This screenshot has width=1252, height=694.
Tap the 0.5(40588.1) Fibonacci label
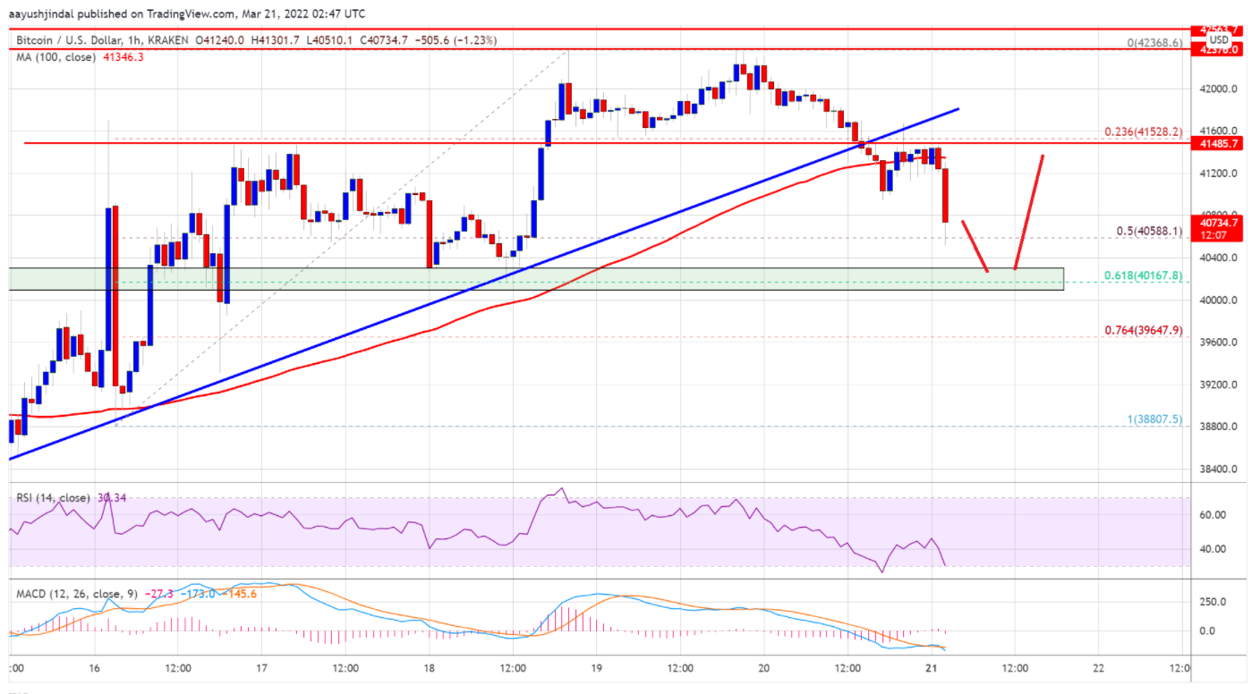[x=1148, y=231]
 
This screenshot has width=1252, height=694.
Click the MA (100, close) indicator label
[x=48, y=56]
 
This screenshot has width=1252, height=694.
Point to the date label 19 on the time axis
[x=596, y=668]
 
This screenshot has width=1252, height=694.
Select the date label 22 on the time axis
[x=1099, y=668]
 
